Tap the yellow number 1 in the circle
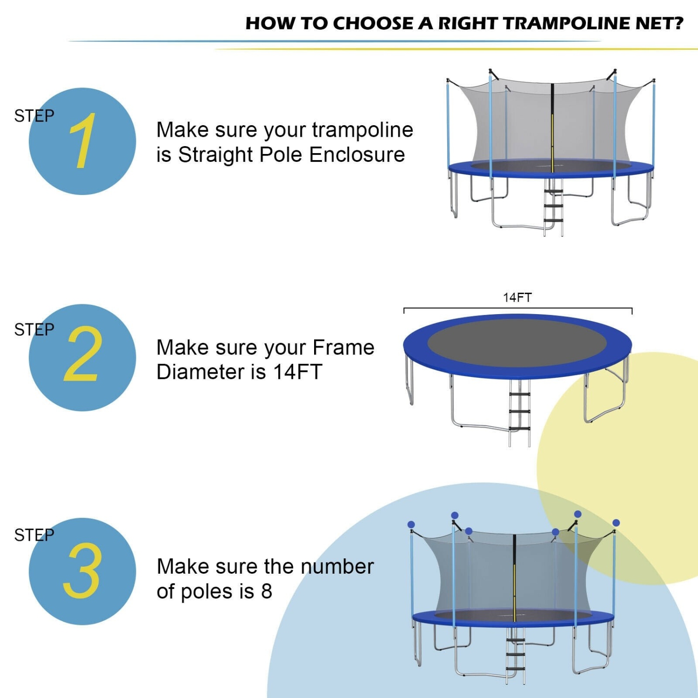coord(83,141)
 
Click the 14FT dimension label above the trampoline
coord(517,297)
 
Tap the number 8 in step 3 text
coord(266,591)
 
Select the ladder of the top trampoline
coord(554,207)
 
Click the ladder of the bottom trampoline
coord(516,656)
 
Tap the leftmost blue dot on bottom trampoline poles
coord(411,524)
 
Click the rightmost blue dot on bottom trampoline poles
coord(616,523)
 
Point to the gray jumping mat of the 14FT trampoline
coord(517,343)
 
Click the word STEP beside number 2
coord(34,329)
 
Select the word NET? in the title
coord(661,23)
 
